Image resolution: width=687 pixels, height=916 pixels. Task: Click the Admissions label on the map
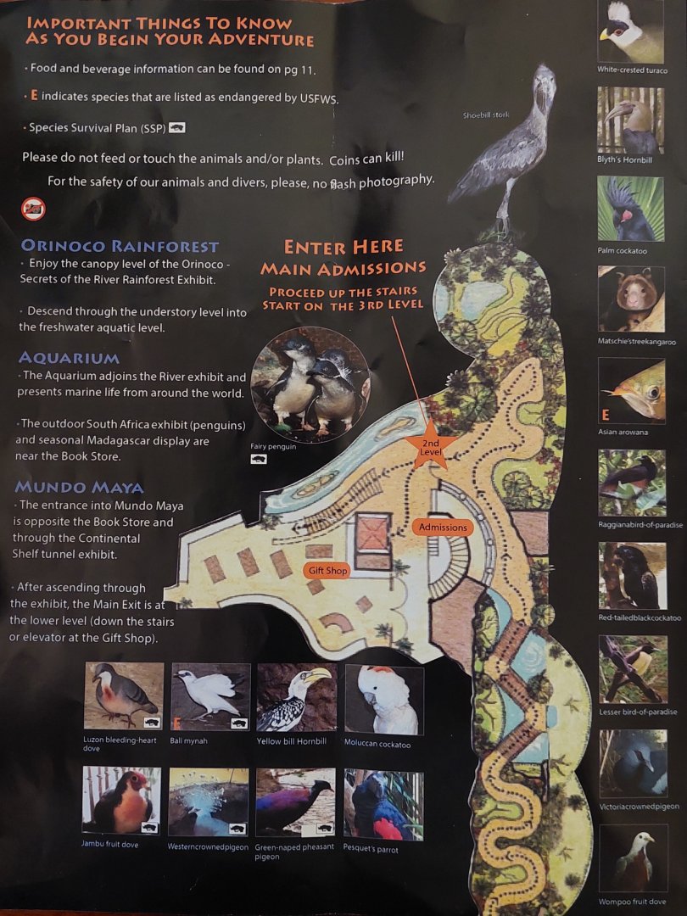[443, 527]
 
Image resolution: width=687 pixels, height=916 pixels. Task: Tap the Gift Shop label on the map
[327, 571]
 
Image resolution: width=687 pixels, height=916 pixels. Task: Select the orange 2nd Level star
[431, 448]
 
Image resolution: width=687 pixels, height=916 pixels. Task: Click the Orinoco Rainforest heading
[120, 247]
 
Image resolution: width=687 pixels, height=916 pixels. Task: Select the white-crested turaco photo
[632, 31]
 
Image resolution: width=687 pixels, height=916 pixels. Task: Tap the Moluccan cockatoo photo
[383, 700]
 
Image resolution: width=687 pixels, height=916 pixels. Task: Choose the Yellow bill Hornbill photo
[296, 697]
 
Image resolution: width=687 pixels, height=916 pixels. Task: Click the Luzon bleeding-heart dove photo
[124, 696]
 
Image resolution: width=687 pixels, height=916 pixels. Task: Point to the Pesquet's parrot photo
[383, 804]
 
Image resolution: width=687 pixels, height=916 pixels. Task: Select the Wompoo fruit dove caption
[631, 902]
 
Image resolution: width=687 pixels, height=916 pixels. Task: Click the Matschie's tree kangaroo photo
[632, 299]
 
